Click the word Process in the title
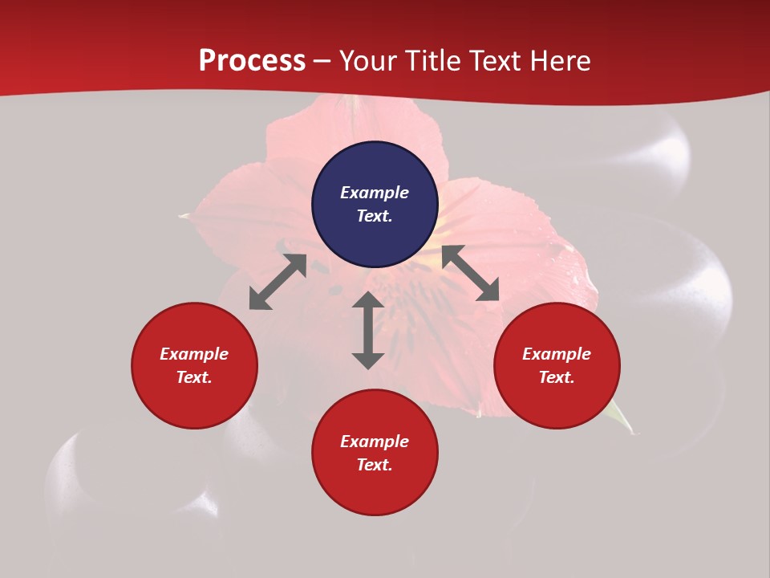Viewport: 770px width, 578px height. coord(252,61)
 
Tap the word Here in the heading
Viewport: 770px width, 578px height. coord(561,61)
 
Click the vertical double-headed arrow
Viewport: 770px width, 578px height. coord(368,331)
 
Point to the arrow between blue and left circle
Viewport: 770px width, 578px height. coord(278,282)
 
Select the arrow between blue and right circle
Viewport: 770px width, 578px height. coord(470,274)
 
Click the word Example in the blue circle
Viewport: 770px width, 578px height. coord(375,193)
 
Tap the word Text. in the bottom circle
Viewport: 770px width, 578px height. coord(375,465)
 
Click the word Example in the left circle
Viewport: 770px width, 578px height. coord(194,354)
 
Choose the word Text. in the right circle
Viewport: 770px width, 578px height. coord(557,377)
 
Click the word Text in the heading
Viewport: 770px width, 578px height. coord(496,61)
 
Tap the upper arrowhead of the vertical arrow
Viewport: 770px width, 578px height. coord(368,302)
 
